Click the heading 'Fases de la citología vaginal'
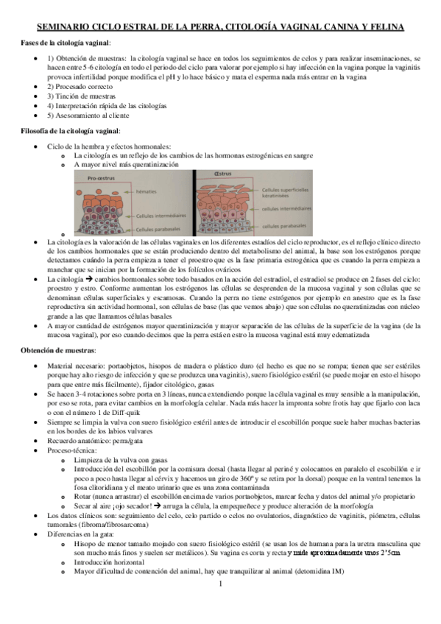pyautogui.click(x=67, y=43)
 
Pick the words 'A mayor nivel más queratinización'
pyautogui.click(x=130, y=166)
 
